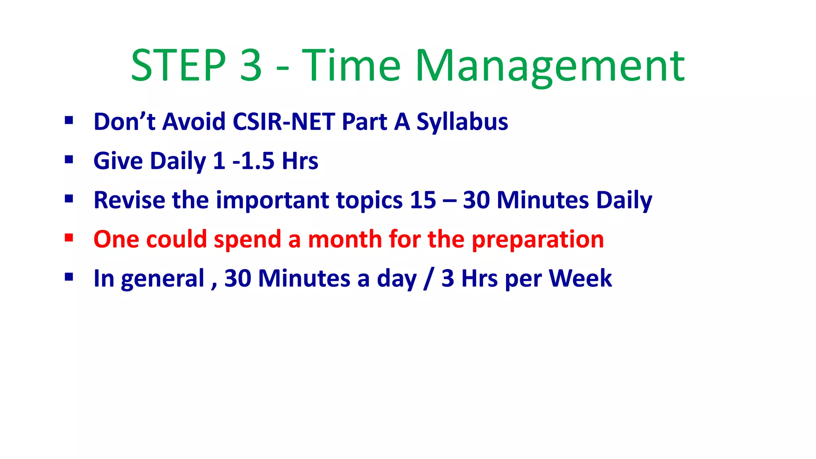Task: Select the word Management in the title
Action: pos(550,66)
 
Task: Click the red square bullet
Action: pos(69,238)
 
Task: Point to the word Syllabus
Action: pos(462,122)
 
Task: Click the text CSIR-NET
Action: pos(284,122)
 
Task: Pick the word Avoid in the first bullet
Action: pos(194,122)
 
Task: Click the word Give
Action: pos(118,161)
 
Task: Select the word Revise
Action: pos(129,200)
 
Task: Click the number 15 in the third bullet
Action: pos(423,200)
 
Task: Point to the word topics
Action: pos(369,200)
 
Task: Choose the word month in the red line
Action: pos(345,239)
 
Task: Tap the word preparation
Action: pos(537,239)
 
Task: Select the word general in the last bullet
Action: pos(163,279)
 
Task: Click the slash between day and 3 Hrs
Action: pos(429,279)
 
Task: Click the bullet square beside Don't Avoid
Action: pos(69,120)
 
